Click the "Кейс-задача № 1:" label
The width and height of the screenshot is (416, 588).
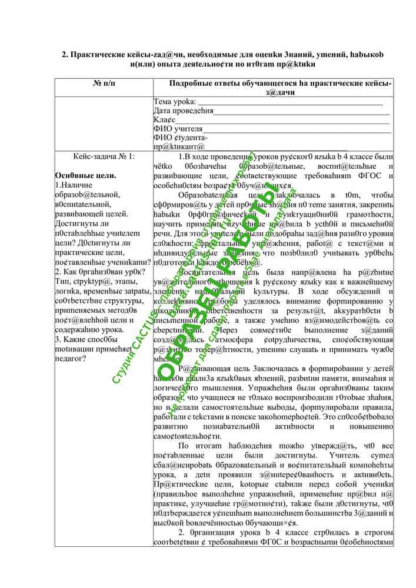(x=104, y=156)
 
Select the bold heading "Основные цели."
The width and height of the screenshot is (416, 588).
(x=85, y=175)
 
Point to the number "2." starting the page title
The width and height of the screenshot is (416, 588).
(x=66, y=55)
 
